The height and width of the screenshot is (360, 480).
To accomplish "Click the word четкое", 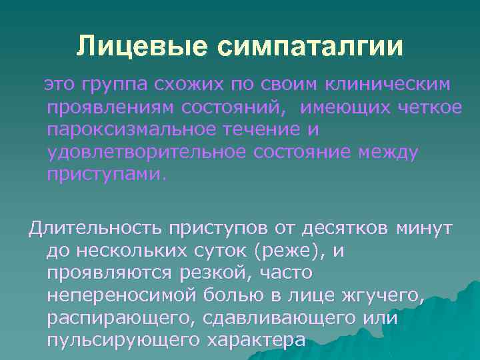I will point(426,107).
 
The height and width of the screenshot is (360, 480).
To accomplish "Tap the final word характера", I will point(256,341).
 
